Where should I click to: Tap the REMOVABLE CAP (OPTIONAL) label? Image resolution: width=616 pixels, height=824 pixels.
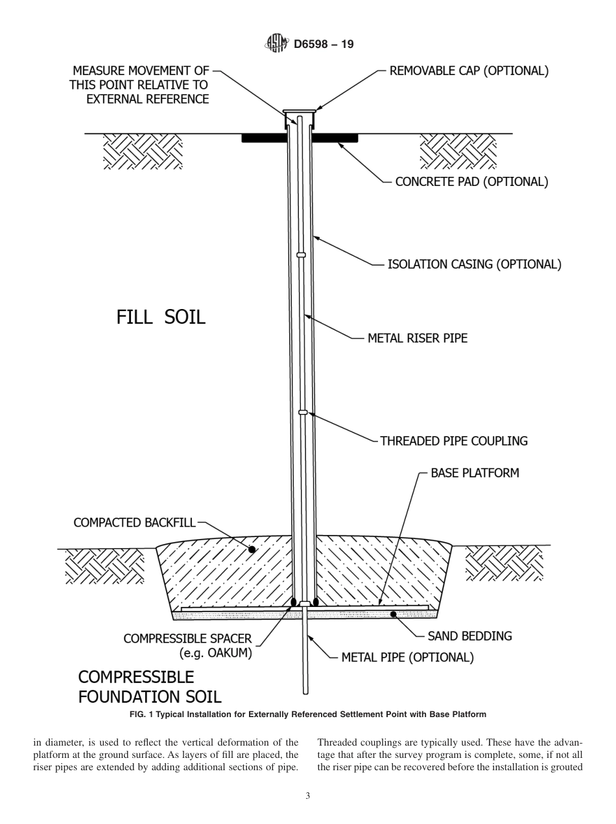(x=468, y=71)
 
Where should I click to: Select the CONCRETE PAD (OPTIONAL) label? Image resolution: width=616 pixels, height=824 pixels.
(x=471, y=182)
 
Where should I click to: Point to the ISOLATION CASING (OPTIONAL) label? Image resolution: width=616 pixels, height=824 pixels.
(x=474, y=264)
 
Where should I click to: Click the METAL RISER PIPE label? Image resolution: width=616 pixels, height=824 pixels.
(x=417, y=338)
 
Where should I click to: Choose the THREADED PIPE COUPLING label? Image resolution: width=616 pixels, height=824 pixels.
(x=453, y=441)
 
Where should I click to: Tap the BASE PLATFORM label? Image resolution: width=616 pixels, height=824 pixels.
(x=475, y=473)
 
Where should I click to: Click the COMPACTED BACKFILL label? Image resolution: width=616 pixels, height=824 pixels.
(x=134, y=523)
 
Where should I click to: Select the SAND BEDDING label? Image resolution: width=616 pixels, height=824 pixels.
(x=469, y=636)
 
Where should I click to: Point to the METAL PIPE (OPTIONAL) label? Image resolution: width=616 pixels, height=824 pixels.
(x=407, y=658)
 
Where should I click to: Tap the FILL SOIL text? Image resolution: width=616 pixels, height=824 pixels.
(x=161, y=317)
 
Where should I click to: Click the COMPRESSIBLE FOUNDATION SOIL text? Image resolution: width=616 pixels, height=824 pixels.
(x=149, y=687)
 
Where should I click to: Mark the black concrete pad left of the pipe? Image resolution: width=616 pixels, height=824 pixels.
(x=264, y=138)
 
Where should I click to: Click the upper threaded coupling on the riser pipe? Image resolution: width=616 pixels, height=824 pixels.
(x=301, y=255)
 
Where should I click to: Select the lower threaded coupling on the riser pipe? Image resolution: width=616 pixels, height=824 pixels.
(x=302, y=412)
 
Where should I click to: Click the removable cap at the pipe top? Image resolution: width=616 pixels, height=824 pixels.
(x=300, y=111)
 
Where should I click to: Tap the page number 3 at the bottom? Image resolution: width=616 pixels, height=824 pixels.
(x=307, y=796)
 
